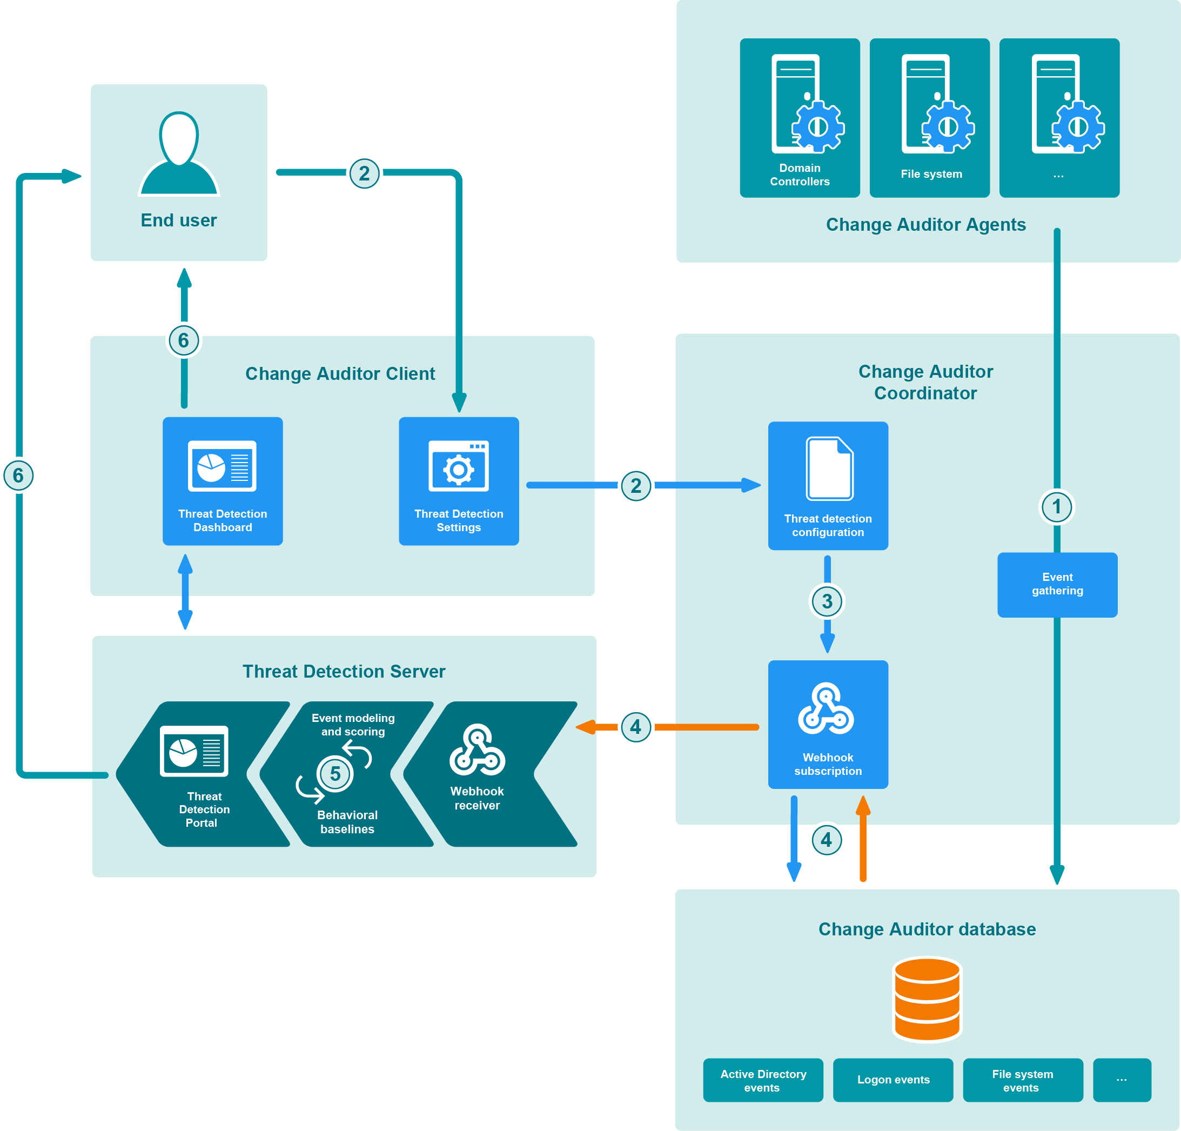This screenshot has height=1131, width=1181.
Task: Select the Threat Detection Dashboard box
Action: click(x=223, y=481)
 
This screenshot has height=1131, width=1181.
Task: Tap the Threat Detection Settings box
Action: click(x=459, y=481)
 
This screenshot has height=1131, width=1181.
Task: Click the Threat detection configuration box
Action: click(x=828, y=486)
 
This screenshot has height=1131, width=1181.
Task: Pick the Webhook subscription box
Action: click(x=828, y=724)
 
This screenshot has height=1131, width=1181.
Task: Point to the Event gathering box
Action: click(x=1057, y=585)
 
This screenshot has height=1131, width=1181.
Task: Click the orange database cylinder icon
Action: click(x=927, y=999)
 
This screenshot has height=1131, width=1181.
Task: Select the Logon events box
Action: click(x=893, y=1080)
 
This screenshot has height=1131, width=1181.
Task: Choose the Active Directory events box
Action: click(x=763, y=1080)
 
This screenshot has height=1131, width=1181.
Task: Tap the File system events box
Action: click(x=1023, y=1080)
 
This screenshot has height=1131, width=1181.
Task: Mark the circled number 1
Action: click(x=1056, y=507)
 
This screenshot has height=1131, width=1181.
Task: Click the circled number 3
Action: click(x=827, y=601)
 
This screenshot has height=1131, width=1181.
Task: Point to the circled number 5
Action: click(x=335, y=774)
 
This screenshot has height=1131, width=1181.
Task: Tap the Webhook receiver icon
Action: click(x=477, y=749)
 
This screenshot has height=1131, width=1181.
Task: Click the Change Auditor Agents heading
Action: click(x=925, y=225)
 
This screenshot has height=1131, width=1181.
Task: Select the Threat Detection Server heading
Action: click(x=344, y=671)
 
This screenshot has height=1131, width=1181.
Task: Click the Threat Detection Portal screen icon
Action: click(x=194, y=751)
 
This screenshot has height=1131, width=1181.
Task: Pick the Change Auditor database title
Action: click(x=927, y=929)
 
